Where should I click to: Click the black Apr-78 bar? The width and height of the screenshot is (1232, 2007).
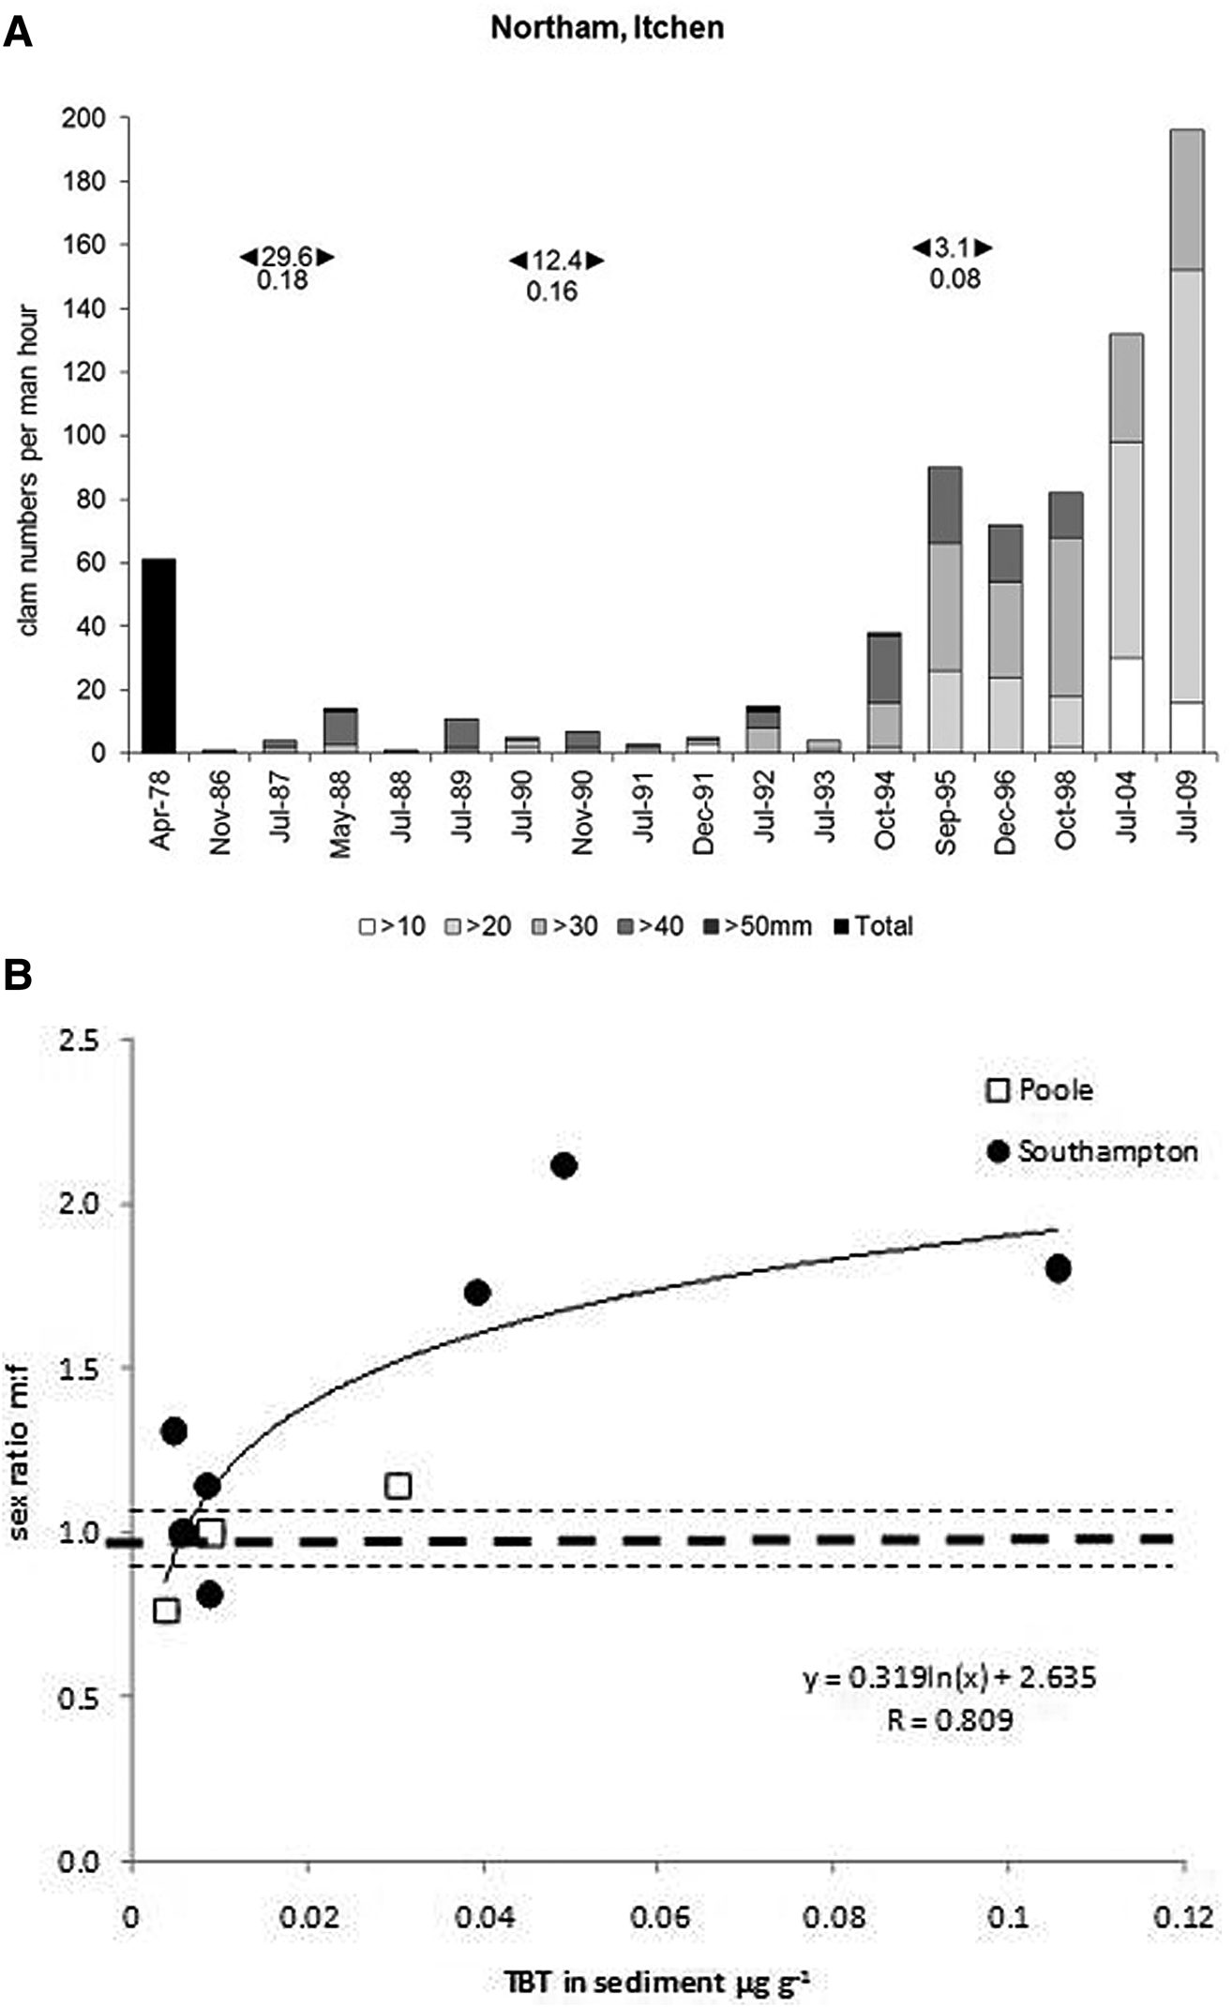(158, 656)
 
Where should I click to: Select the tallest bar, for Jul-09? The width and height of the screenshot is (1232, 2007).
(1187, 441)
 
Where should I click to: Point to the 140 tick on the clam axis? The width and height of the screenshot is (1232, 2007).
(83, 308)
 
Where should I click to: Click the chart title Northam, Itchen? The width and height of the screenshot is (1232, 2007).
(608, 27)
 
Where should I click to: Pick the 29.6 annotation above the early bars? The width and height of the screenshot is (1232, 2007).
(286, 257)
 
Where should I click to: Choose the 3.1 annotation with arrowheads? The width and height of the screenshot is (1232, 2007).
(953, 248)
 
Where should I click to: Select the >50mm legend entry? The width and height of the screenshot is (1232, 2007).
(768, 926)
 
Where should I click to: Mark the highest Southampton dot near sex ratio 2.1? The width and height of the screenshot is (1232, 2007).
(563, 1165)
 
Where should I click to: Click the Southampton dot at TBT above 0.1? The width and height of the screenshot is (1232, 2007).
(1059, 1269)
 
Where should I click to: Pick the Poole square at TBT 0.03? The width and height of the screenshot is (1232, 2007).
(398, 1485)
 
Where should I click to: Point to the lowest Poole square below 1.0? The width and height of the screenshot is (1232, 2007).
(166, 1610)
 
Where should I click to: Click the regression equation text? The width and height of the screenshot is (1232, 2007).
(949, 1677)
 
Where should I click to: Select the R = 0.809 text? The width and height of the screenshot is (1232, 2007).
(950, 1720)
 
